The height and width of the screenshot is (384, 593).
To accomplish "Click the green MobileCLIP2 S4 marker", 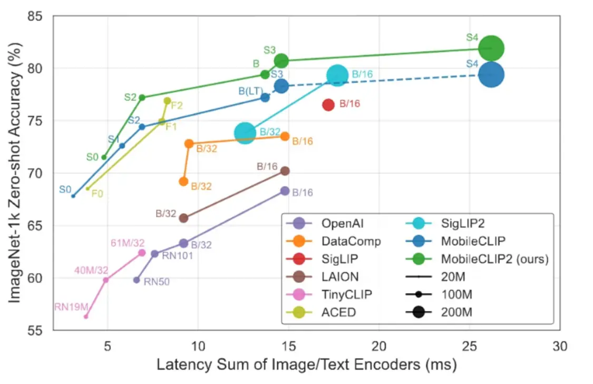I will pyautogui.click(x=491, y=49).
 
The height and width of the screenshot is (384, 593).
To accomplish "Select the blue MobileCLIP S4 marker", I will pyautogui.click(x=492, y=75).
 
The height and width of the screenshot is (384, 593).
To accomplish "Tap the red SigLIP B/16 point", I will pyautogui.click(x=328, y=104).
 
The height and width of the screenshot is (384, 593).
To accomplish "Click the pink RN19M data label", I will pyautogui.click(x=71, y=306).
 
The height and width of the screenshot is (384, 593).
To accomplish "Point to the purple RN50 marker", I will pyautogui.click(x=137, y=280).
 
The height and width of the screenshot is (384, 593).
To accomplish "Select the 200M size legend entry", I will pyautogui.click(x=456, y=312).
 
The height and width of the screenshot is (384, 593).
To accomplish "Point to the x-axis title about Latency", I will pyautogui.click(x=306, y=365).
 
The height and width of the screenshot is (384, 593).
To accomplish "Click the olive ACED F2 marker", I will pyautogui.click(x=168, y=101).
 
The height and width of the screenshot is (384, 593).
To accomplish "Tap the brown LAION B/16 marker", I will pyautogui.click(x=285, y=171).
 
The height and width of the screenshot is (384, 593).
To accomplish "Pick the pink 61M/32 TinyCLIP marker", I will pyautogui.click(x=142, y=253).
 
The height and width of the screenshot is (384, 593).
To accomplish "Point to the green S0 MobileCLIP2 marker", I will pyautogui.click(x=104, y=157).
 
